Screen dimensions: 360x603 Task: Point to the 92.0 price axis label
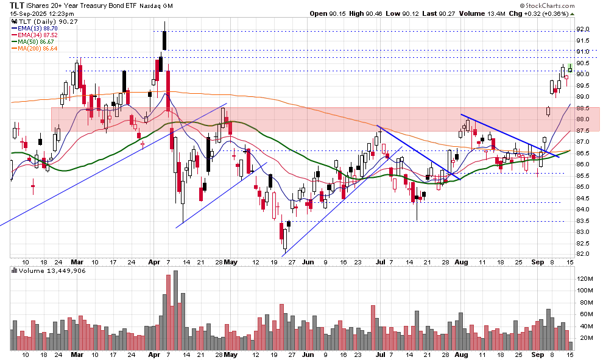[x=584, y=29]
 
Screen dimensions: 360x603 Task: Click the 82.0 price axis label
[x=584, y=253]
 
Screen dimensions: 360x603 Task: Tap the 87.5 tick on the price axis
[x=584, y=130]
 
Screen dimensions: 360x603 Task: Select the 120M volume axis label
[x=585, y=278]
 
